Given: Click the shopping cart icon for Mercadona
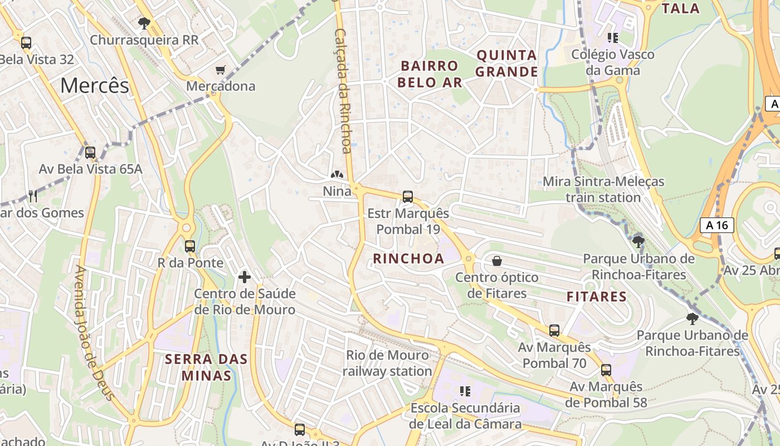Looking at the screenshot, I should click(221, 70).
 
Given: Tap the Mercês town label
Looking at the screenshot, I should click(94, 85).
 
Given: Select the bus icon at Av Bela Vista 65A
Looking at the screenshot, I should click(90, 152).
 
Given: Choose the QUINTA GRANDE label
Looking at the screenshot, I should click(507, 64).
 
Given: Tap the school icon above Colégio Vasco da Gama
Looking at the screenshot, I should click(613, 38).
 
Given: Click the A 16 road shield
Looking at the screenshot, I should click(716, 225).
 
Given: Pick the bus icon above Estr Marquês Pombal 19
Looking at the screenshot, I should click(408, 197).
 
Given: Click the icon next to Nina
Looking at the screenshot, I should click(337, 175).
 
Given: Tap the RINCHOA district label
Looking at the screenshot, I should click(408, 259).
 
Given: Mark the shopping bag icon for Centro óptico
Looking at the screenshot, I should click(496, 261).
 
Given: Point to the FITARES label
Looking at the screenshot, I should click(597, 297).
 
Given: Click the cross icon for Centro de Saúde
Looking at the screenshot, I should click(244, 277).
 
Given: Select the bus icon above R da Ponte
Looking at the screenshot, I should click(190, 246).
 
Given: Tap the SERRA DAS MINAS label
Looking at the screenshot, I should click(206, 367).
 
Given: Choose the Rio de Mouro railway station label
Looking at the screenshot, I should click(387, 363).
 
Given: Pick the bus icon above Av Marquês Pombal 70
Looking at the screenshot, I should click(554, 331).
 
